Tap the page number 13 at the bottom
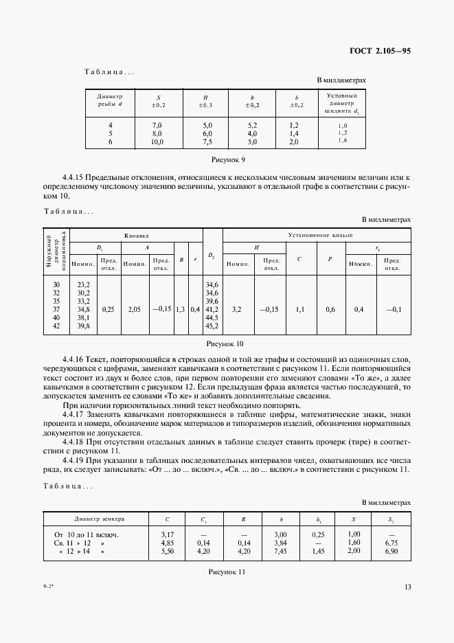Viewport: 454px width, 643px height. point(407,587)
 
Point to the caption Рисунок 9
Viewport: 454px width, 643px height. point(226,159)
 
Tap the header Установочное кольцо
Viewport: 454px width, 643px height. point(320,235)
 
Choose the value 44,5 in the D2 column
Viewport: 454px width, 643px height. point(212,317)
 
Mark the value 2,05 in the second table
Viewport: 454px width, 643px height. point(133,309)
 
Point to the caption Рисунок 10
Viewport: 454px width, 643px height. point(226,343)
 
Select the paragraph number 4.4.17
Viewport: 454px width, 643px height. point(73,415)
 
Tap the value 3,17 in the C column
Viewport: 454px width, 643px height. point(166,534)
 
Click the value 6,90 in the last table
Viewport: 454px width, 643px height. point(393,550)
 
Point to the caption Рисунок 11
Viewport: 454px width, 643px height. point(226,571)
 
